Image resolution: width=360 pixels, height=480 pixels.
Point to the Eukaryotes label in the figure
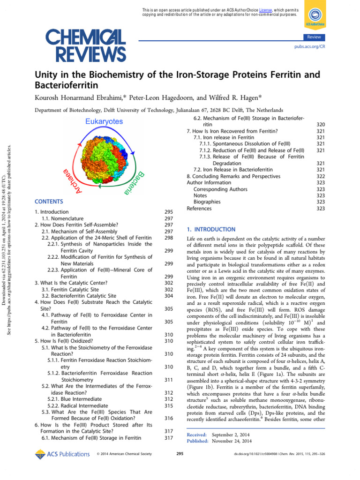(x=104, y=121)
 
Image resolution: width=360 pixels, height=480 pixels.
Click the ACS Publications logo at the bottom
(x=62, y=454)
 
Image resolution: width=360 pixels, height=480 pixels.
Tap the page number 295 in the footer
(x=180, y=454)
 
